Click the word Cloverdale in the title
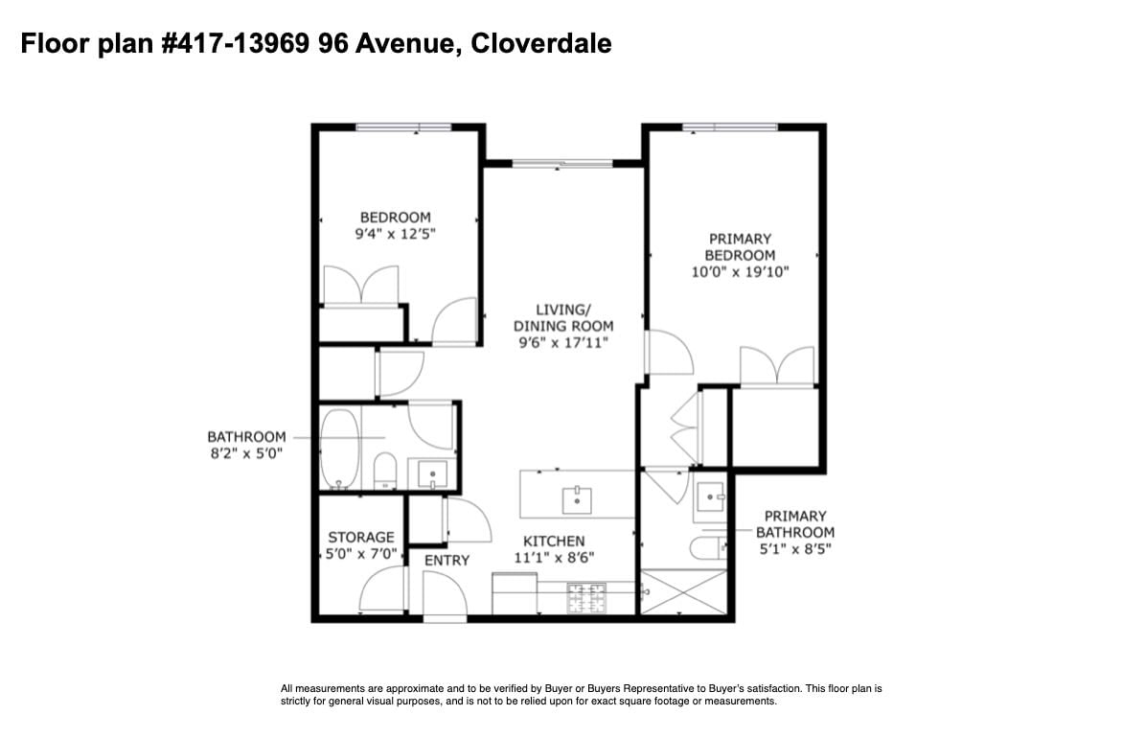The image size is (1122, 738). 541,44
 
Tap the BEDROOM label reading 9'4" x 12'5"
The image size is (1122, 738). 395,225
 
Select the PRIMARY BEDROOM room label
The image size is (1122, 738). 740,255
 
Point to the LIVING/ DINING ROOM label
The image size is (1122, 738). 563,326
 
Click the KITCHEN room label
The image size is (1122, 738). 554,549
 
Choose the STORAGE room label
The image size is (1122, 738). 360,544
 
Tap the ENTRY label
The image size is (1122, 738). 447,561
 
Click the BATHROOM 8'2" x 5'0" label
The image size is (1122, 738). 246,445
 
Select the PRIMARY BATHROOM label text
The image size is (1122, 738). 795,532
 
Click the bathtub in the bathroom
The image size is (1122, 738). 339,449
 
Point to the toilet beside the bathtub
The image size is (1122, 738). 385,471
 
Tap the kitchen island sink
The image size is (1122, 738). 577,499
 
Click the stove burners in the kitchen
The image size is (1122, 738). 586,598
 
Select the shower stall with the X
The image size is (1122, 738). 683,591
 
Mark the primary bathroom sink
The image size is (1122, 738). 711,496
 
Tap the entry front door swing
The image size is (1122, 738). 446,593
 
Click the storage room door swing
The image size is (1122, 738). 382,589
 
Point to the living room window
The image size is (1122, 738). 562,164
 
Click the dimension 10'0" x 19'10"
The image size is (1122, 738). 740,272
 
